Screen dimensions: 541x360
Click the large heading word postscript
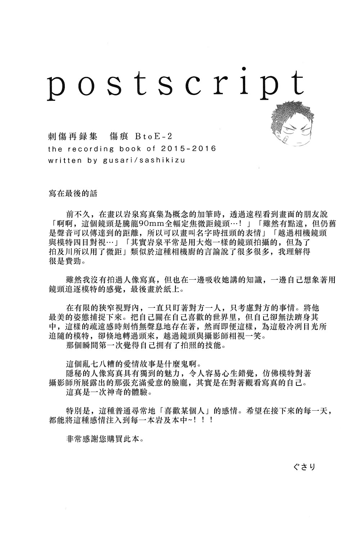coord(176,86)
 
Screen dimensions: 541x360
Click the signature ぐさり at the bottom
coord(304,467)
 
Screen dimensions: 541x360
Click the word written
coord(65,160)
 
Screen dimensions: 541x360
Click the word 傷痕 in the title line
coord(114,136)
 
